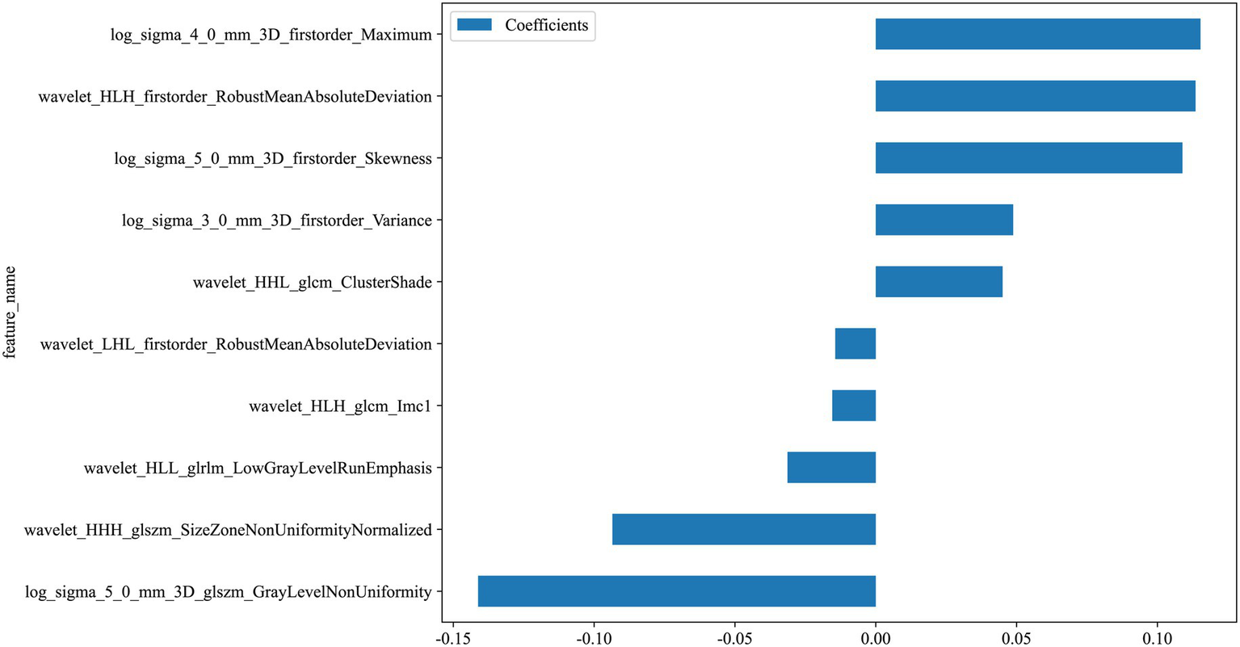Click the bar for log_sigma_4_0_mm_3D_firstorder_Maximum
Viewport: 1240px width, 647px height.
(1037, 34)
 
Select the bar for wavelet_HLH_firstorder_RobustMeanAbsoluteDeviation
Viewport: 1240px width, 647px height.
(1035, 96)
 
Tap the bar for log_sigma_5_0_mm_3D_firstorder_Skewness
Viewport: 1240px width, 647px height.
(1028, 158)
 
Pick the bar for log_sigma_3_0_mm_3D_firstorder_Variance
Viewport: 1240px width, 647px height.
(944, 220)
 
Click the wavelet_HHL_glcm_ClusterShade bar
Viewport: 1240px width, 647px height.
(939, 282)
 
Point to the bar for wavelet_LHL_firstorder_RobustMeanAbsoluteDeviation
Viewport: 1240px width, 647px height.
(855, 343)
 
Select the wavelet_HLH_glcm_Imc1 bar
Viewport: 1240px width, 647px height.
(854, 405)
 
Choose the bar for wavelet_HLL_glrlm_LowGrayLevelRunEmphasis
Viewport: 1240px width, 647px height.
(831, 467)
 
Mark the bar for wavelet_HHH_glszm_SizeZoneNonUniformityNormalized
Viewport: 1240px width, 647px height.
(744, 529)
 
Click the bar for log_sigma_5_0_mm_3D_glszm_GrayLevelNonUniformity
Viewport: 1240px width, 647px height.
(677, 591)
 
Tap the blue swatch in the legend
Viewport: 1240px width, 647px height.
(474, 25)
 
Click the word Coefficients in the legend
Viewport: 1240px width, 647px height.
(546, 25)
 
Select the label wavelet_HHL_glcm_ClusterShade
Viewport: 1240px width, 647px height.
(312, 283)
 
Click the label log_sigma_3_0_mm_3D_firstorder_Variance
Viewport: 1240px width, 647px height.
(276, 221)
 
